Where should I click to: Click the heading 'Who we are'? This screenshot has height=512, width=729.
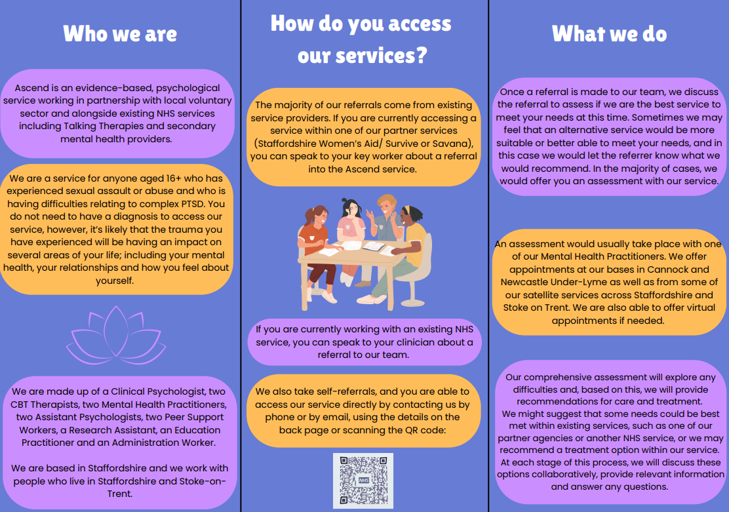pyautogui.click(x=120, y=34)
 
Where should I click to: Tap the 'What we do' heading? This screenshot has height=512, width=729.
pyautogui.click(x=609, y=34)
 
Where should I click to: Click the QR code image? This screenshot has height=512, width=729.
pyautogui.click(x=363, y=481)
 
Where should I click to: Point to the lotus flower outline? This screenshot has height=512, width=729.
pyautogui.click(x=116, y=335)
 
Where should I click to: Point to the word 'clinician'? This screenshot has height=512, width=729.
pyautogui.click(x=430, y=343)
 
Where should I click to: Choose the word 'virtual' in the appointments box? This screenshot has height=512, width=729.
pyautogui.click(x=697, y=308)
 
